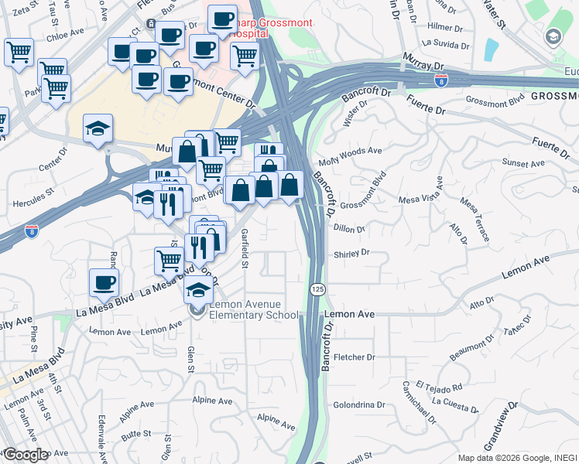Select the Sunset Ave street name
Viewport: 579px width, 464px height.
(524, 164)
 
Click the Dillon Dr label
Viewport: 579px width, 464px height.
(350, 229)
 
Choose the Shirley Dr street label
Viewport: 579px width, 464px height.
(351, 253)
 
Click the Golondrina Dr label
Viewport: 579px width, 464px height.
(359, 404)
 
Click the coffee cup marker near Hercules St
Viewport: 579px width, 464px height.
(104, 282)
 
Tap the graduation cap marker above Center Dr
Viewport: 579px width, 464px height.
(98, 128)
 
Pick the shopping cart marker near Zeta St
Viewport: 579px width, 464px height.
(19, 53)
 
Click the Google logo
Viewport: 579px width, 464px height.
(26, 455)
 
